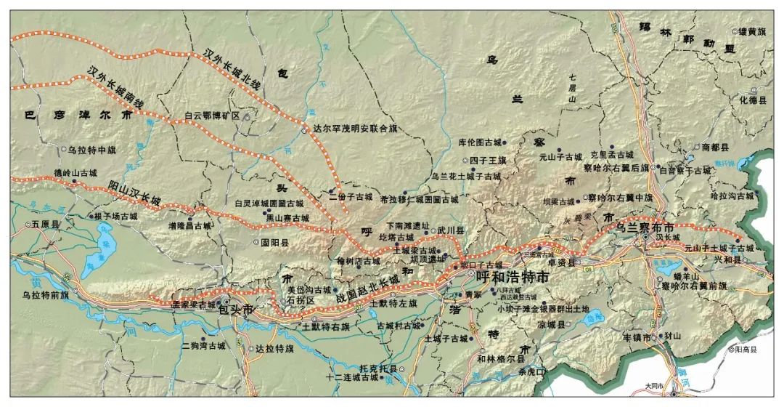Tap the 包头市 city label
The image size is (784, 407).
coord(236,310)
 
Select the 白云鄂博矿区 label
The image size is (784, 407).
coord(211,116)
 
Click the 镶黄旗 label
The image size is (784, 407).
coord(752,31)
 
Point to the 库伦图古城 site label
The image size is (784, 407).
coord(480,142)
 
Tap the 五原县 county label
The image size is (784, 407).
coord(49,225)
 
